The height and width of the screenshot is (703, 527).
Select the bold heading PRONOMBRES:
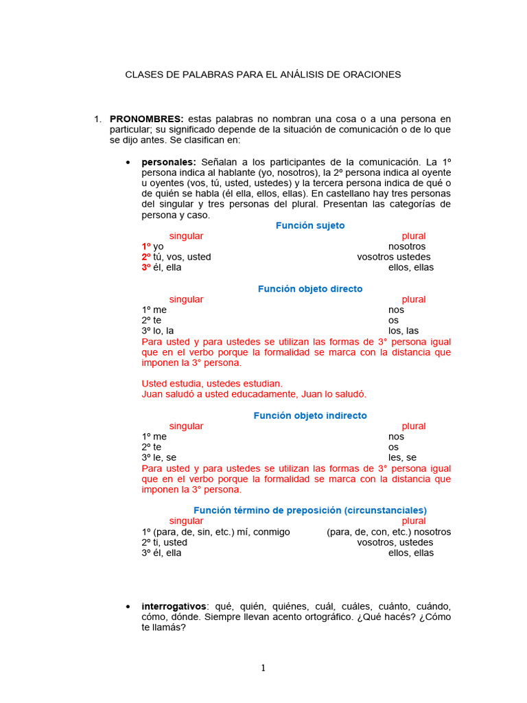pos(146,119)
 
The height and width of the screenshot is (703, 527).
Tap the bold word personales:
pos(169,161)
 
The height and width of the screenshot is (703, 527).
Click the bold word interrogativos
pos(174,606)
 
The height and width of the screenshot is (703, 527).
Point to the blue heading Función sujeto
pos(310,225)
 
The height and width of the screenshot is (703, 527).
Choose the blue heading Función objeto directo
pos(310,289)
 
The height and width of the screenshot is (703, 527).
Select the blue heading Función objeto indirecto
pos(310,415)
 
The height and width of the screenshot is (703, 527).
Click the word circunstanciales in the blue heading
pos(385,510)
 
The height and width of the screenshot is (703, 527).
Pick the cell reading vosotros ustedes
pos(395,257)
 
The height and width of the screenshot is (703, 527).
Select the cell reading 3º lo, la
pos(158,330)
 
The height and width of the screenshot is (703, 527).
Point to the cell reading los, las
pos(403,330)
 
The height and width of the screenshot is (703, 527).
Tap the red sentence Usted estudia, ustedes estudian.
pos(212,383)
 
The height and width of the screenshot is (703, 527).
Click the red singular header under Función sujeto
pos(186,235)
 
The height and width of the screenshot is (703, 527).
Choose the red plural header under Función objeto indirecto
pos(414,426)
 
